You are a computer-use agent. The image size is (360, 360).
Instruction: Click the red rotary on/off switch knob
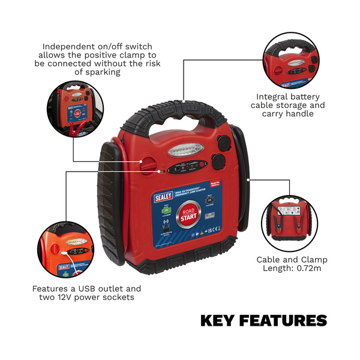click(x=148, y=163)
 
